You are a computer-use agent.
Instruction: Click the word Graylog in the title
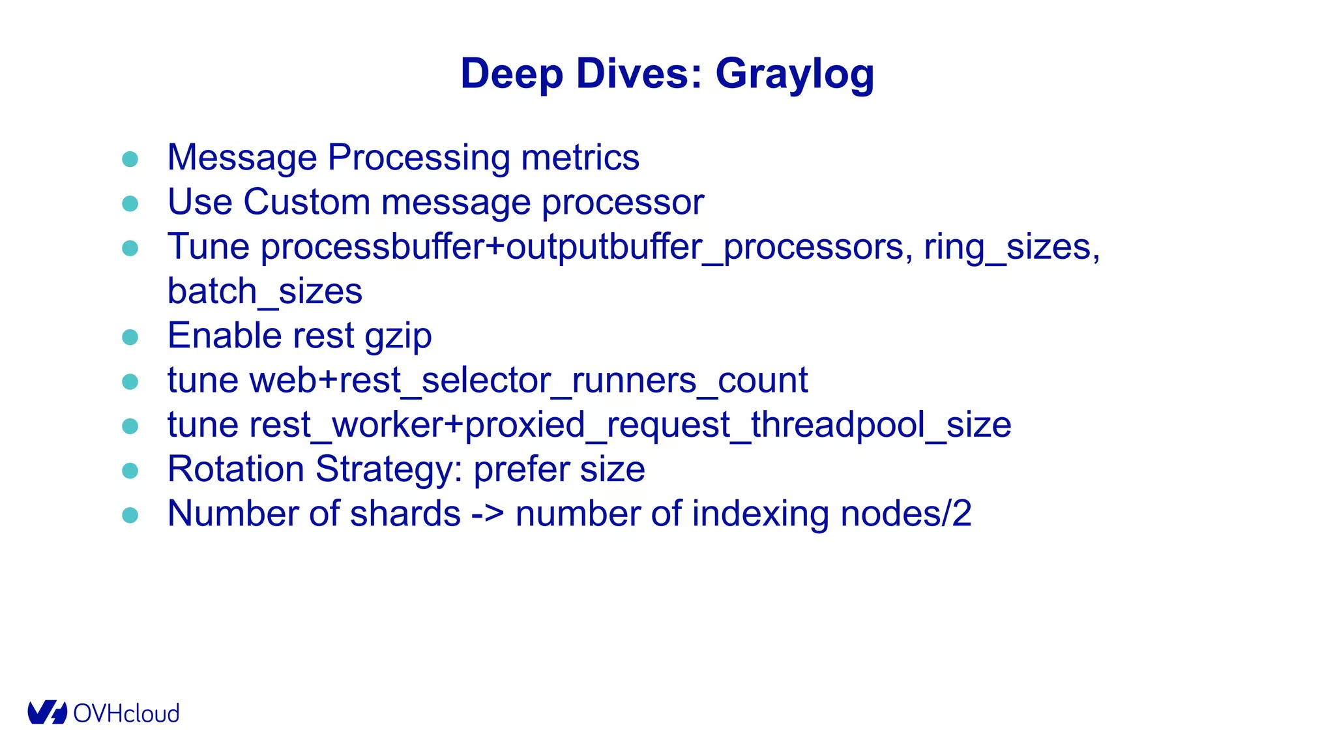tap(795, 74)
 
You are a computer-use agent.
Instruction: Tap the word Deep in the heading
tap(511, 74)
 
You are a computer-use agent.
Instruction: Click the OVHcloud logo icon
tap(47, 713)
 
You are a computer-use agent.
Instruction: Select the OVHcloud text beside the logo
tap(126, 714)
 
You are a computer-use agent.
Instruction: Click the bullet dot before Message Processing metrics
tap(130, 159)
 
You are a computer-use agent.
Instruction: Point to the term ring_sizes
tap(1012, 247)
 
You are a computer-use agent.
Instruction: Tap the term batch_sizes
tap(265, 291)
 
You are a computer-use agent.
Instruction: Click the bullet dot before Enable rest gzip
tap(130, 337)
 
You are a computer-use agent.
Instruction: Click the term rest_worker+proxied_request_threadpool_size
tap(630, 425)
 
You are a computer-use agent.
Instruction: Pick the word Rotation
tap(236, 469)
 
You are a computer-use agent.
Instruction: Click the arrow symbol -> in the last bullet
tap(488, 514)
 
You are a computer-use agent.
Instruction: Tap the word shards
tap(405, 514)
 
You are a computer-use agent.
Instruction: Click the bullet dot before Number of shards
tap(130, 515)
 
